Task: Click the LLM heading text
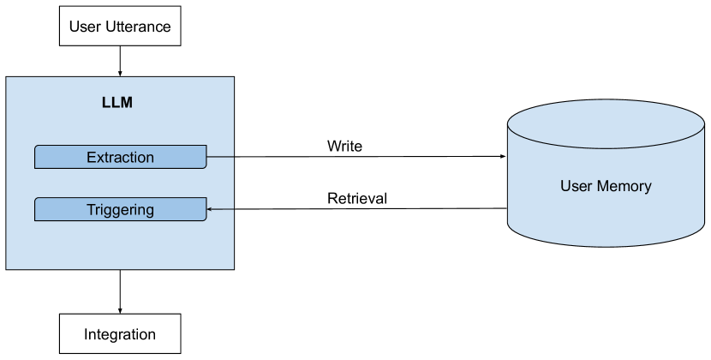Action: pos(117,104)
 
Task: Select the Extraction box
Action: pos(120,157)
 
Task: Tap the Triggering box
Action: pos(120,209)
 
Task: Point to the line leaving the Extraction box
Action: pos(220,157)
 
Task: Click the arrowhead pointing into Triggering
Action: pos(210,209)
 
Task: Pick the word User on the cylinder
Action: pos(576,186)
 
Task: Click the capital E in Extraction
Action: pos(91,157)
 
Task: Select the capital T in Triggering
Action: pos(91,209)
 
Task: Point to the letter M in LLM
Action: pos(126,104)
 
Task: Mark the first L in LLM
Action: pos(105,104)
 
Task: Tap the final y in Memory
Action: pos(648,188)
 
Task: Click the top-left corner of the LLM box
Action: pos(7,77)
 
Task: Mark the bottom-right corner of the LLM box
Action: pos(233,269)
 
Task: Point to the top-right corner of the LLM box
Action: pos(233,77)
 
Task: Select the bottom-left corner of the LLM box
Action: pos(7,269)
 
